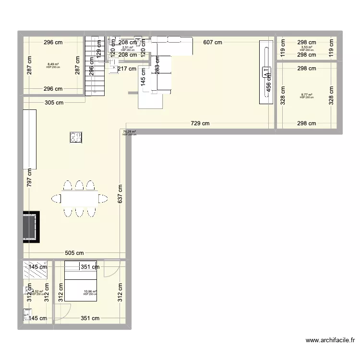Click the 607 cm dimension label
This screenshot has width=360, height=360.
click(x=212, y=42)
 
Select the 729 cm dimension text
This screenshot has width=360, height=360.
click(x=200, y=123)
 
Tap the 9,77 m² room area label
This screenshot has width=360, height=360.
click(x=306, y=95)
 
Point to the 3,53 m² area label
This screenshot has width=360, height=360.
click(x=306, y=48)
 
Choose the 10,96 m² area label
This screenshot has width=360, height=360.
click(x=90, y=291)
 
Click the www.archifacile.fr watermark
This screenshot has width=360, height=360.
click(x=331, y=340)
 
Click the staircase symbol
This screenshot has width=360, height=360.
click(x=95, y=66)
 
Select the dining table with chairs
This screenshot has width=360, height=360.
click(x=80, y=198)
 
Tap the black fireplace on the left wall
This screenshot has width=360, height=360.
click(x=30, y=227)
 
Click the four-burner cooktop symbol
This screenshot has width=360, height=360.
click(x=76, y=138)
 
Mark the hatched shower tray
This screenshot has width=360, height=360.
click(x=35, y=269)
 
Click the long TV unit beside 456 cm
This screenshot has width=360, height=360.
click(x=265, y=72)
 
